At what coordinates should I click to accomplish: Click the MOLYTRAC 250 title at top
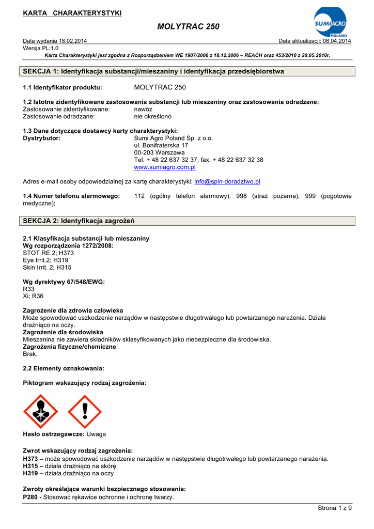pyautogui.click(x=187, y=27)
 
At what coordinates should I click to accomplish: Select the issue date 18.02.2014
pyautogui.click(x=73, y=41)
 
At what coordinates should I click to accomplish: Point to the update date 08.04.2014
pyautogui.click(x=337, y=41)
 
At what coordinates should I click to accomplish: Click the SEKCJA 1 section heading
pyautogui.click(x=153, y=71)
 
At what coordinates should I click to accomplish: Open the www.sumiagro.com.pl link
pyautogui.click(x=164, y=167)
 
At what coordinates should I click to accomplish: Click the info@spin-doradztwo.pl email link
pyautogui.click(x=227, y=182)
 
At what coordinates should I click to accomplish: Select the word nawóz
pyautogui.click(x=143, y=110)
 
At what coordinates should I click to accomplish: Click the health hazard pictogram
pyautogui.click(x=41, y=412)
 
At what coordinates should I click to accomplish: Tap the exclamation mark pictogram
pyautogui.click(x=85, y=412)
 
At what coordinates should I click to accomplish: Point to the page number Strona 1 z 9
pyautogui.click(x=334, y=508)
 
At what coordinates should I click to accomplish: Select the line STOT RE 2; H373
pyautogui.click(x=49, y=253)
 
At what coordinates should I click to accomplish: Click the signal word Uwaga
pyautogui.click(x=96, y=434)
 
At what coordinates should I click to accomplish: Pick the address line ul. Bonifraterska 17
pyautogui.click(x=161, y=146)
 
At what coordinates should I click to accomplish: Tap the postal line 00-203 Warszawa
pyautogui.click(x=159, y=153)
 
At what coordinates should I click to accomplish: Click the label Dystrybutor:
pyautogui.click(x=42, y=138)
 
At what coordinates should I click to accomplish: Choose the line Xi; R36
pyautogui.click(x=33, y=296)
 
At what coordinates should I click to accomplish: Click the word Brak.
pyautogui.click(x=30, y=354)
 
